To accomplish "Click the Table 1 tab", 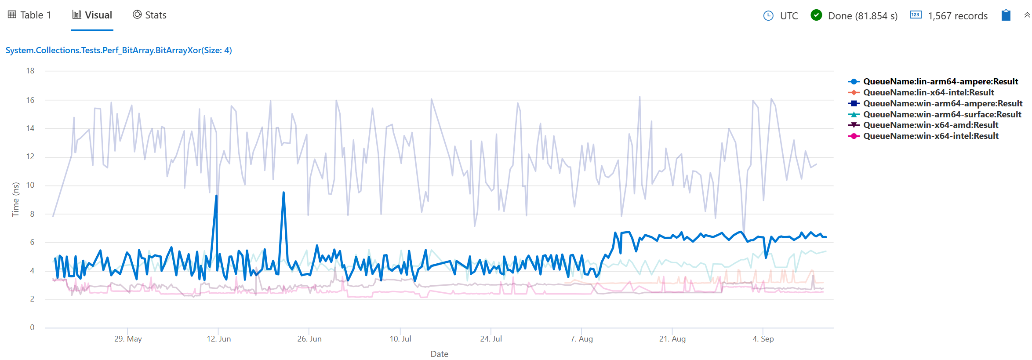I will pos(30,15).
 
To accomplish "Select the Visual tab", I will pos(92,15).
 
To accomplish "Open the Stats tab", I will pos(150,15).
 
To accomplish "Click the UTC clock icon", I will pos(768,16).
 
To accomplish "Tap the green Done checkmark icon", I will pos(816,15).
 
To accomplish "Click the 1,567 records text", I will pos(958,16).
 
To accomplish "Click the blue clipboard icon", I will pos(1006,15).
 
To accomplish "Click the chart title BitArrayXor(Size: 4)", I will pos(119,50).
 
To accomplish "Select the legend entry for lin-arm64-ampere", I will pos(940,81).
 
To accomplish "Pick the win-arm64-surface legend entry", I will pos(942,114).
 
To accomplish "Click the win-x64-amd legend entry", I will pos(930,125).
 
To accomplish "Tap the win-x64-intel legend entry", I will pos(930,136).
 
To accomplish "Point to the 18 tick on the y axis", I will pos(30,71).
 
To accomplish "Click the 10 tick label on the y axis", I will pos(30,185).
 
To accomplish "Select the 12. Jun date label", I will pos(218,339).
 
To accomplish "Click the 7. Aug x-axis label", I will pos(581,339).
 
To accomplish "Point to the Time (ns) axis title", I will pos(16,199).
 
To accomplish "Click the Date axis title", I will pos(439,354).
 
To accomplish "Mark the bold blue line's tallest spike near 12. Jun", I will pos(216,196).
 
